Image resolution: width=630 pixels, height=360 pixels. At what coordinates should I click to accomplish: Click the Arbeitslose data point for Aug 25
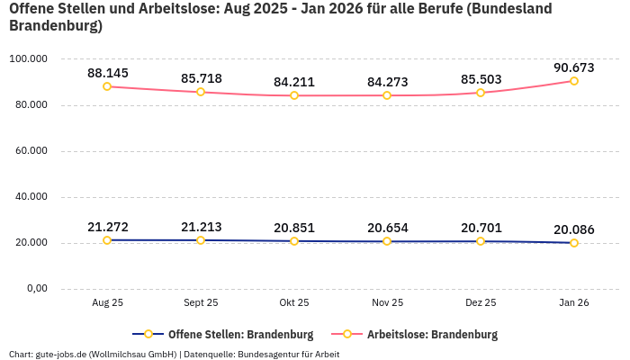(107, 86)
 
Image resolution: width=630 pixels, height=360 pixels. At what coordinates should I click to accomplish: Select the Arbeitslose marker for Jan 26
(574, 81)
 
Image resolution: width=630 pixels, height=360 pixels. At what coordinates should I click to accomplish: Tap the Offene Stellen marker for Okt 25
(294, 241)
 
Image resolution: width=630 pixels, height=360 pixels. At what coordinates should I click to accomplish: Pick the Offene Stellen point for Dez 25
(481, 241)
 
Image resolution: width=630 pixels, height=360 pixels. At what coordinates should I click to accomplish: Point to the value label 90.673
(574, 67)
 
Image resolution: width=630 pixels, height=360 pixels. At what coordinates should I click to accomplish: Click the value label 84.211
(294, 82)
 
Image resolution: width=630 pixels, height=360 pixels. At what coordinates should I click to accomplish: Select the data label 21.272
(107, 227)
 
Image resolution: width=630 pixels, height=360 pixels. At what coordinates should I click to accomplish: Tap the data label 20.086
(574, 229)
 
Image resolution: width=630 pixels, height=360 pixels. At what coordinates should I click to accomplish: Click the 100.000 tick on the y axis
(28, 59)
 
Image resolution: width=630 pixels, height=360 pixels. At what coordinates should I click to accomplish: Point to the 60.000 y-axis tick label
(30, 151)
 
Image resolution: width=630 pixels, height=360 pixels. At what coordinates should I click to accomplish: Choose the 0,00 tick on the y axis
(35, 289)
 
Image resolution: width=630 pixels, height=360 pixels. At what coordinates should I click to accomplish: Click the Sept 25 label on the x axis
(200, 303)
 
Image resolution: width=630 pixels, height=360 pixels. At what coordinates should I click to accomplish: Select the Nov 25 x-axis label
(387, 303)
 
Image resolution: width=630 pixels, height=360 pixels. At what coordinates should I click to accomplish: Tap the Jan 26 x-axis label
(574, 303)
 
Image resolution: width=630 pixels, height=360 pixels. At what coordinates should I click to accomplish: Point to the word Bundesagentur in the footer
(268, 354)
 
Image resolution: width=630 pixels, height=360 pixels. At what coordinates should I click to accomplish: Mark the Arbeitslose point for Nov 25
(387, 95)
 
